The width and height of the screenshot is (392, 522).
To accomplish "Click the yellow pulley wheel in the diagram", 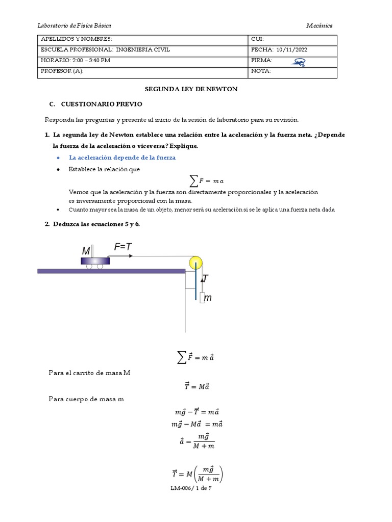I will pyautogui.click(x=195, y=263).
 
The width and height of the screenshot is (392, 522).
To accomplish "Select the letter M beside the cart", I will pyautogui.click(x=86, y=251).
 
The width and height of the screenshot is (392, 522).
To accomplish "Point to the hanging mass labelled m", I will pyautogui.click(x=203, y=298).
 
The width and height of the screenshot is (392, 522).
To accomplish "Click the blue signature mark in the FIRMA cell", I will pyautogui.click(x=299, y=62).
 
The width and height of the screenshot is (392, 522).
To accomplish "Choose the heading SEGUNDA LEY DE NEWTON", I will pyautogui.click(x=191, y=89).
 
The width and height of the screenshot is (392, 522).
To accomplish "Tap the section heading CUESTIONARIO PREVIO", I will pyautogui.click(x=101, y=104).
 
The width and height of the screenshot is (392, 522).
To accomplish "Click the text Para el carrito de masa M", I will pyautogui.click(x=89, y=373).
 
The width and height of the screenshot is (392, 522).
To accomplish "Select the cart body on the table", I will pyautogui.click(x=95, y=260).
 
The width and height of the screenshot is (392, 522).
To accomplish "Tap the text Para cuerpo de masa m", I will pyautogui.click(x=86, y=399).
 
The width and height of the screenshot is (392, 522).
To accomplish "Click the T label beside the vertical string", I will pyautogui.click(x=205, y=278).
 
